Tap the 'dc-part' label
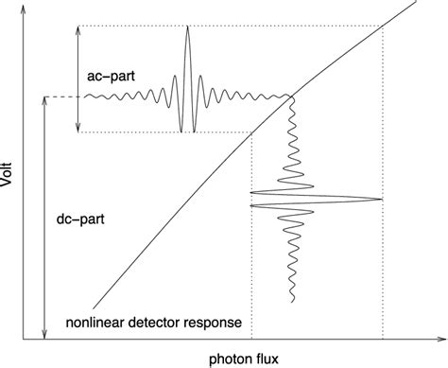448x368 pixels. pos(80,219)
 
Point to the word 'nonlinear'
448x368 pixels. pos(97,324)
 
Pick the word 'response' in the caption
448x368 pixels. pos(218,324)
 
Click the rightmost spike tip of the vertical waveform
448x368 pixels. pos(381,199)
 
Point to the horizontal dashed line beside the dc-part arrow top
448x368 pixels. pos(61,96)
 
